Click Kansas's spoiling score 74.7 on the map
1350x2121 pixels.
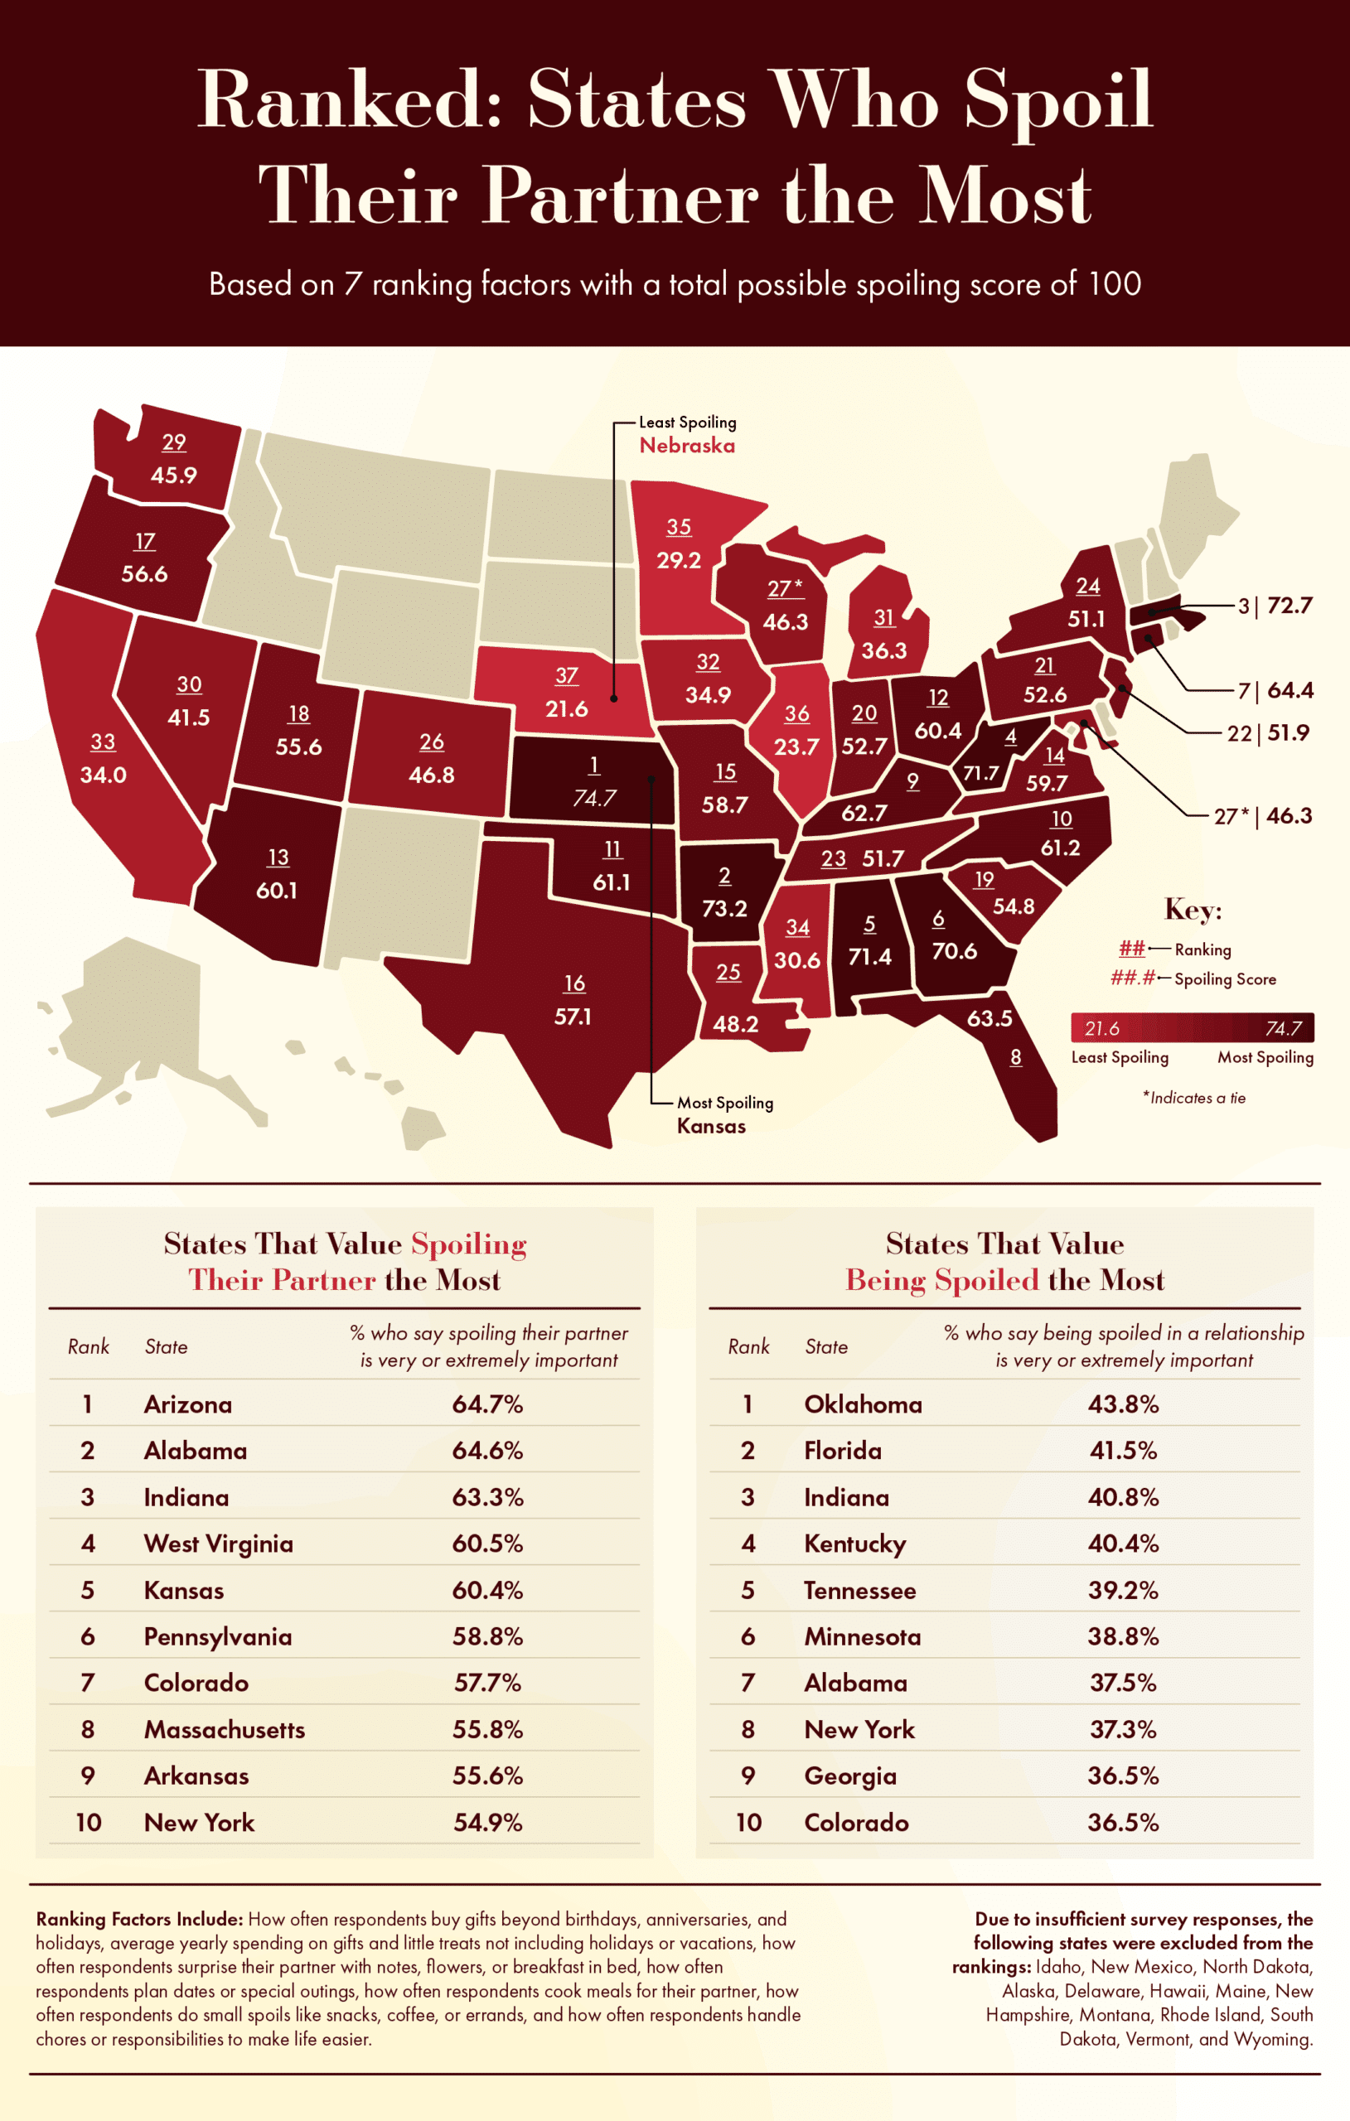point(594,798)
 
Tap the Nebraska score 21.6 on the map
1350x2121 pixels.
point(566,708)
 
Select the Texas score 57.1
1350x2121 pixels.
point(573,1017)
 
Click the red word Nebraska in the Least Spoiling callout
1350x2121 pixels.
point(686,446)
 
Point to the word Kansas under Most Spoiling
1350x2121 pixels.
point(710,1126)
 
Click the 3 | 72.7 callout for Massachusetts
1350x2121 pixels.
point(1275,606)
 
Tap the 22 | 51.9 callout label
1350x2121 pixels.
point(1268,733)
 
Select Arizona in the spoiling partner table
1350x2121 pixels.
point(187,1404)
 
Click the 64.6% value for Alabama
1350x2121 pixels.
point(487,1451)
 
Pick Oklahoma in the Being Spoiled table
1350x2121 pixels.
point(863,1404)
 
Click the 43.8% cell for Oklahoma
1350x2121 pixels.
point(1123,1404)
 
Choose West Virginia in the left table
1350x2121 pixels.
point(218,1544)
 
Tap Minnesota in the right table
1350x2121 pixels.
point(862,1636)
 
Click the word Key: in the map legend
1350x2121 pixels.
point(1193,909)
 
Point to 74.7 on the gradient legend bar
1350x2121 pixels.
point(1283,1028)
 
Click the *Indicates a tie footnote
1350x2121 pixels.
point(1194,1098)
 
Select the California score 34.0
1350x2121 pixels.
point(103,775)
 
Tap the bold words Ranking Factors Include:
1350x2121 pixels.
point(139,1918)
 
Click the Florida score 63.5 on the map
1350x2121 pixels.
point(989,1018)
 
